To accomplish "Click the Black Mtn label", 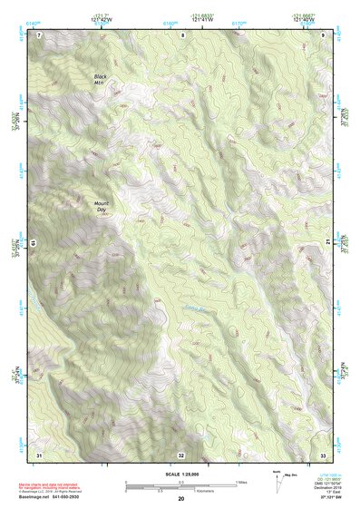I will click(100, 79).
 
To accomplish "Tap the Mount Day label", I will click(101, 207).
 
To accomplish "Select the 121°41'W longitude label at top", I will click(202, 18).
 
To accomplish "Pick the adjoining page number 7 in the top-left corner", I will click(39, 34).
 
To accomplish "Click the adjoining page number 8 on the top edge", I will click(181, 34).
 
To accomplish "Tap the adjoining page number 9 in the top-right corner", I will click(323, 34).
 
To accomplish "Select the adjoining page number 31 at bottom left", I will click(39, 454).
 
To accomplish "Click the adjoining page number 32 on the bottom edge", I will click(181, 454).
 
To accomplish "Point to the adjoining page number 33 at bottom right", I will click(323, 454).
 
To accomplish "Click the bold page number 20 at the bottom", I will click(181, 499).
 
